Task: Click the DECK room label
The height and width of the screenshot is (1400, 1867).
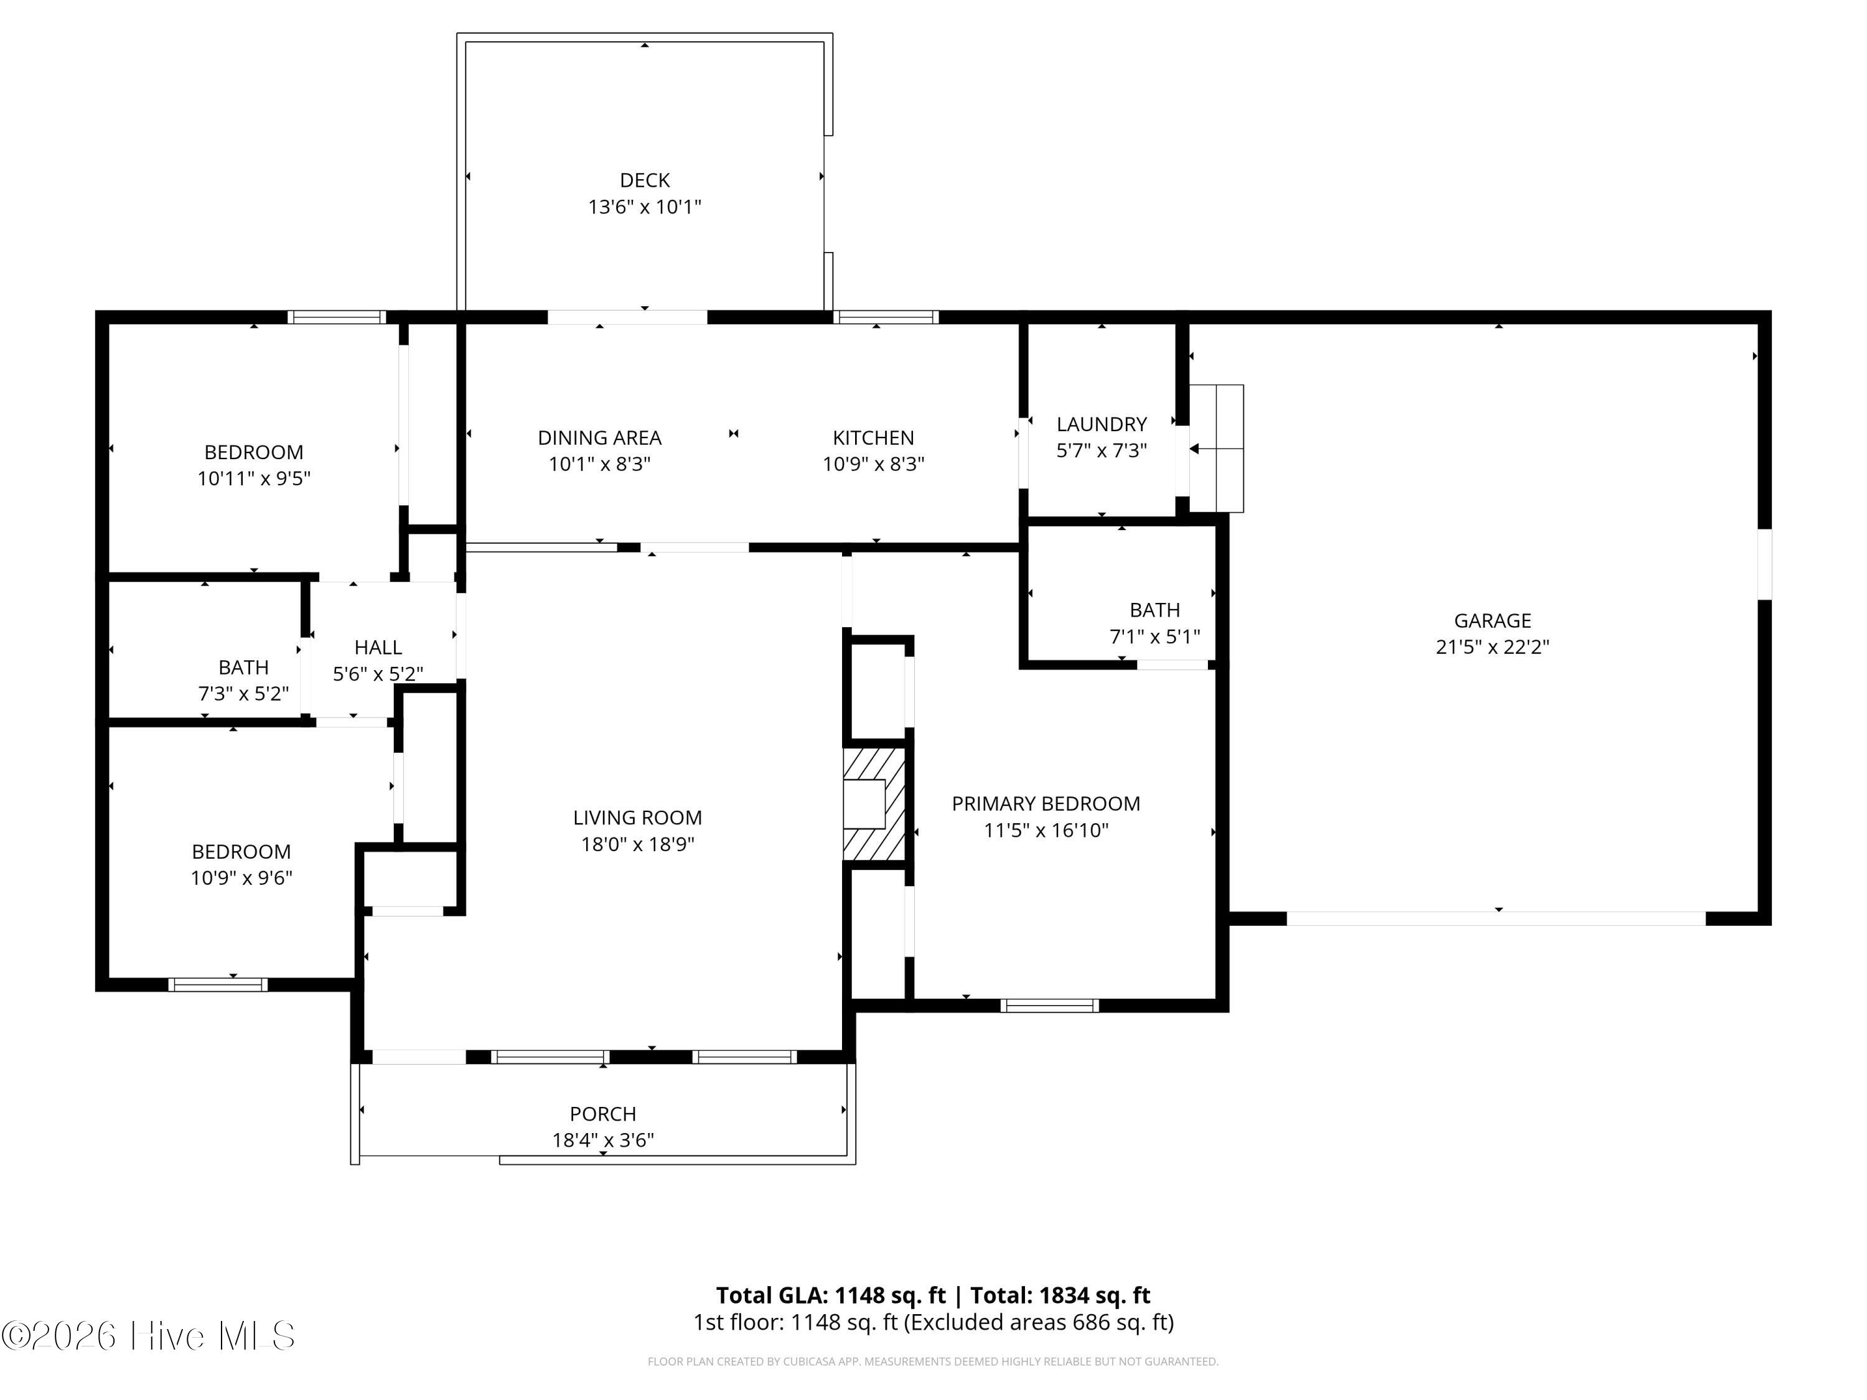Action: [645, 180]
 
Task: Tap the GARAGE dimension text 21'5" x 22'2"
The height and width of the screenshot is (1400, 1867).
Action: [1492, 647]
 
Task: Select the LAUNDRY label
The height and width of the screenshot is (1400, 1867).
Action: [1102, 424]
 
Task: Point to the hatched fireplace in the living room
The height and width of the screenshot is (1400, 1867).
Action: [874, 804]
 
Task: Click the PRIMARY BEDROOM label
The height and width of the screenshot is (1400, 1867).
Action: [1046, 803]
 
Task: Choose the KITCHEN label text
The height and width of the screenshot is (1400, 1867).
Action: [874, 437]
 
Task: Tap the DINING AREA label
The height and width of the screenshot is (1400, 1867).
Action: [599, 437]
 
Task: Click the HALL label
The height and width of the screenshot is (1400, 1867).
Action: [378, 647]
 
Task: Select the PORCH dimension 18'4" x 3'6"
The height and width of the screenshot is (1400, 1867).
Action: [602, 1140]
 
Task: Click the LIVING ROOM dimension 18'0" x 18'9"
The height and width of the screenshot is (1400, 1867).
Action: [637, 844]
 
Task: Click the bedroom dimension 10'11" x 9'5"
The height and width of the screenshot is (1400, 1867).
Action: [254, 478]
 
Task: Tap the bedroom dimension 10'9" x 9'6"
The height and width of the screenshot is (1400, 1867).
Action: [241, 877]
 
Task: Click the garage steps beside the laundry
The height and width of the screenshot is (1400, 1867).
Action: [1216, 448]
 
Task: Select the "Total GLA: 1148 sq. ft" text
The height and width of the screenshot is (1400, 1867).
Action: [831, 1295]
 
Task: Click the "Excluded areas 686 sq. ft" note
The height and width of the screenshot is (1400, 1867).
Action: [1038, 1322]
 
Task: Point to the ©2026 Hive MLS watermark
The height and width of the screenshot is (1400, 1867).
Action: [149, 1336]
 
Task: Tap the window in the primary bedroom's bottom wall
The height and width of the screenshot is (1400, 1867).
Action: [1049, 1005]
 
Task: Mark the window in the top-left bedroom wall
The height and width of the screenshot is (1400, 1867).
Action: [336, 317]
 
